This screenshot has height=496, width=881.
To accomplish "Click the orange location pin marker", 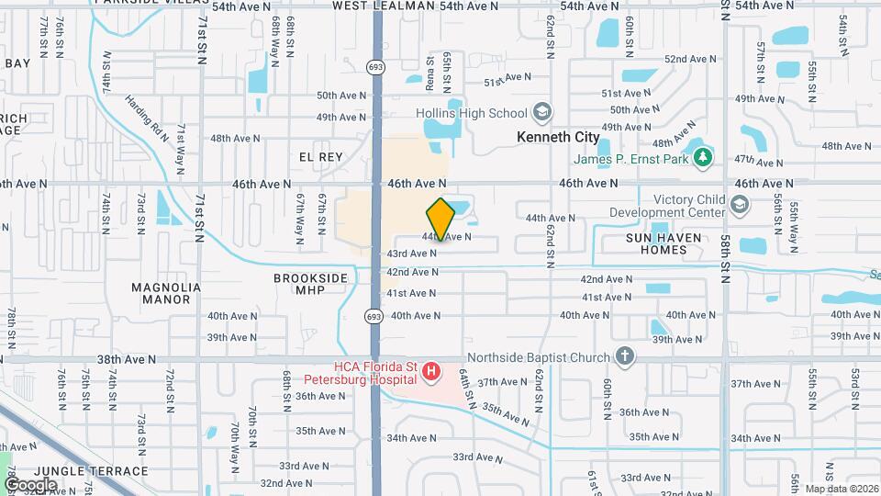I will point(440,219).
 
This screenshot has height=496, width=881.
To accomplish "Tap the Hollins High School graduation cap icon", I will point(543,113).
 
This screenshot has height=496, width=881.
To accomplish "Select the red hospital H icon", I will point(431,372).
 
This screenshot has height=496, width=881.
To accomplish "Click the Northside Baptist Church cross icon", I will point(625,356).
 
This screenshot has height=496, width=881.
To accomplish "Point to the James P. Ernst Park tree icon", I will point(703,157).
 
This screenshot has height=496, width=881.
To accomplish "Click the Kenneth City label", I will point(558,137).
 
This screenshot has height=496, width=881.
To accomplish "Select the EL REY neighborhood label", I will point(320,157).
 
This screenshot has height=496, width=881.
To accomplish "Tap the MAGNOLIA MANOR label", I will point(166,293).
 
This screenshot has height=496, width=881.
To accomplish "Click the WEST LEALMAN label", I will point(384,6).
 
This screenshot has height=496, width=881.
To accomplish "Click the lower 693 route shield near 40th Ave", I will point(374,316).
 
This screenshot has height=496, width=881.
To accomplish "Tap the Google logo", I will point(30,484).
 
